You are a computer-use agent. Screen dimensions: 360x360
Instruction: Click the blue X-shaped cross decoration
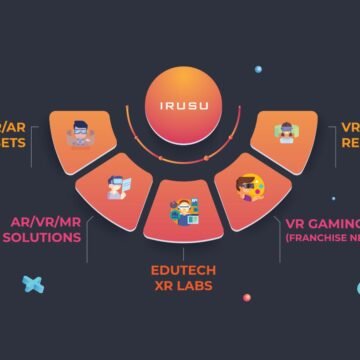[x=33, y=285]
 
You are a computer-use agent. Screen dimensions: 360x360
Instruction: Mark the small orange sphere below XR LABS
[x=246, y=297]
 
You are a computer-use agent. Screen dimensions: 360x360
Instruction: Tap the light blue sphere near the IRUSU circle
[x=258, y=69]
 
